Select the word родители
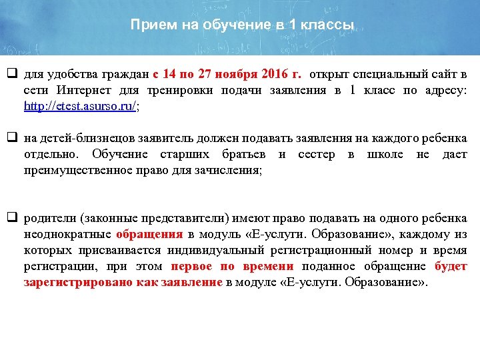46,219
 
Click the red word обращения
149,235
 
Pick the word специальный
394,74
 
